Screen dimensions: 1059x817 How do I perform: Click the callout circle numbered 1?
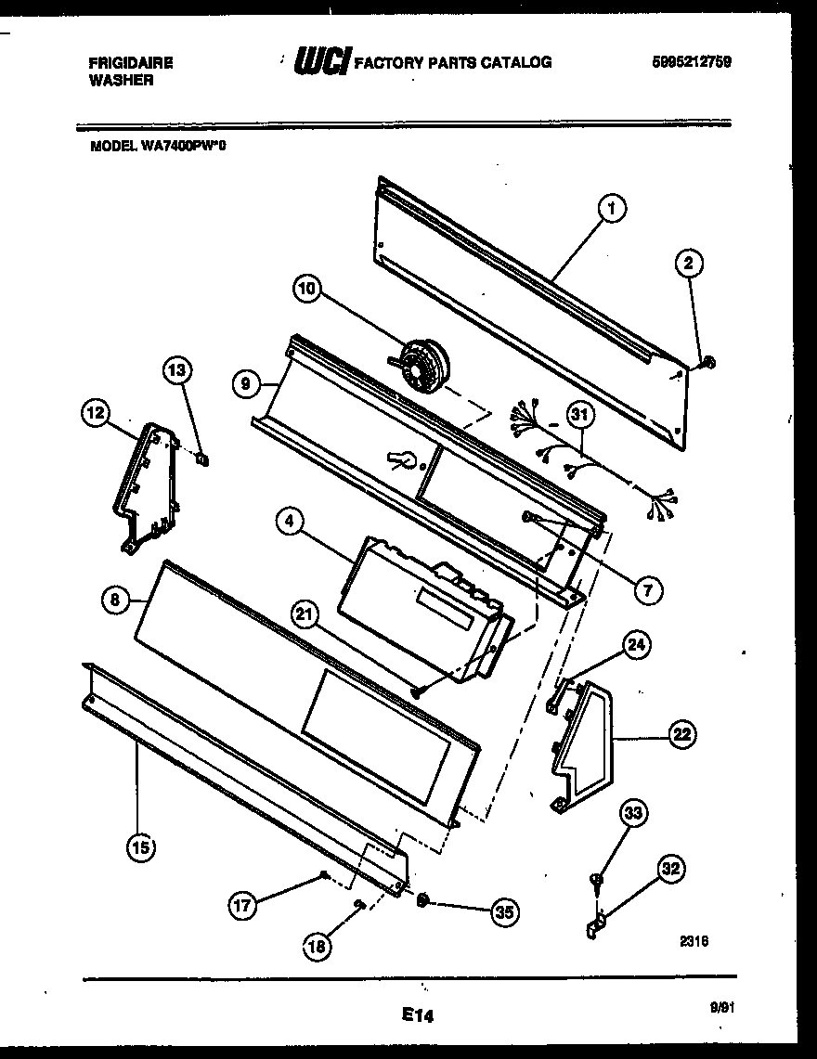click(612, 210)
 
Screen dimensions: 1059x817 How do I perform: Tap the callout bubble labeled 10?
click(308, 290)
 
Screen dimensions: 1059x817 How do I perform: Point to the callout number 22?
click(681, 736)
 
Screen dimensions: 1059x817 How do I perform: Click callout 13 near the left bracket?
click(177, 371)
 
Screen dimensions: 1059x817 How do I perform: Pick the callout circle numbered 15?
click(142, 846)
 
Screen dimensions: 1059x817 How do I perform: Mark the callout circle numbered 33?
click(632, 814)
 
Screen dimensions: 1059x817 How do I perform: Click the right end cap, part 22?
click(585, 743)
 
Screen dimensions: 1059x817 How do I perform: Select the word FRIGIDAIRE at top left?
click(130, 63)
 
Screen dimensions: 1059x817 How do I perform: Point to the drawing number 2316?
click(694, 940)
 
